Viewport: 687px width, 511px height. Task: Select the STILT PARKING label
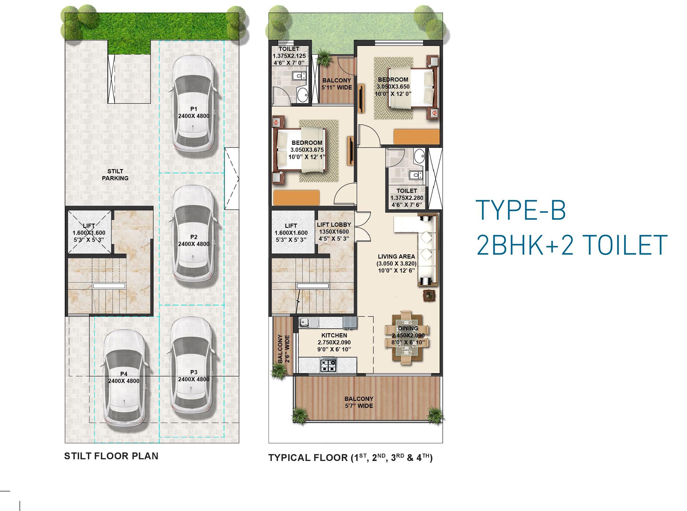115,174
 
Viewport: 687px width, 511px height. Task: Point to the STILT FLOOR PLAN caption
111,456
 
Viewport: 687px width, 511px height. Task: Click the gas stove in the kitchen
328,365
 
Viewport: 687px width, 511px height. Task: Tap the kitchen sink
308,323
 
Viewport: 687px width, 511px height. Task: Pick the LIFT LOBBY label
334,224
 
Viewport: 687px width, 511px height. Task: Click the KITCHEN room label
334,335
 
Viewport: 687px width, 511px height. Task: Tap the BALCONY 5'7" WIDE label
359,402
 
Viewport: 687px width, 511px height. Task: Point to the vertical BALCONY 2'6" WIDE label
283,348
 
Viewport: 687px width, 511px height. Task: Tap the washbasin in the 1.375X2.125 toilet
302,94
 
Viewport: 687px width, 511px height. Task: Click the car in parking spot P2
194,237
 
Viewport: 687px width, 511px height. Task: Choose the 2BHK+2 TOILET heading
572,245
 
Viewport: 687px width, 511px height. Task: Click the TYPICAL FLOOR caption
350,458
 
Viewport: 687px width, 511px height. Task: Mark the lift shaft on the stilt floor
89,232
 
